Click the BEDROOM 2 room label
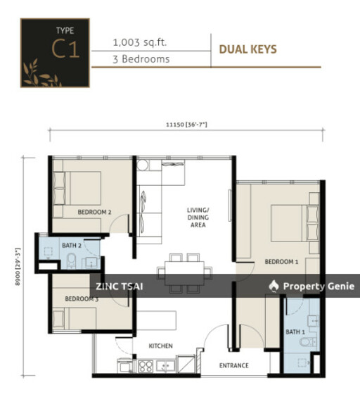(94, 212)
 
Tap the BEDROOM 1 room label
(281, 262)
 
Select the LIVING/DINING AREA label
(198, 218)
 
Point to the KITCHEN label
(160, 346)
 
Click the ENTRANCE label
(233, 365)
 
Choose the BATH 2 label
(72, 246)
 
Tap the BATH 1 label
(295, 332)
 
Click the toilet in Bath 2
(72, 260)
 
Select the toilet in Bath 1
(308, 343)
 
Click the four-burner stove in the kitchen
(146, 366)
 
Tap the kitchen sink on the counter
(165, 366)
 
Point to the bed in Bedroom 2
(77, 188)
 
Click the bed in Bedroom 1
(295, 223)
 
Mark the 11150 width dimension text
(186, 125)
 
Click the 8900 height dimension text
(18, 267)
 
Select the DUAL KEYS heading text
(248, 49)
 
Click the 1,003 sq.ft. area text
(140, 42)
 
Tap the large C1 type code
(65, 49)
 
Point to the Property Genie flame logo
(274, 286)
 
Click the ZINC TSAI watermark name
(119, 286)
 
